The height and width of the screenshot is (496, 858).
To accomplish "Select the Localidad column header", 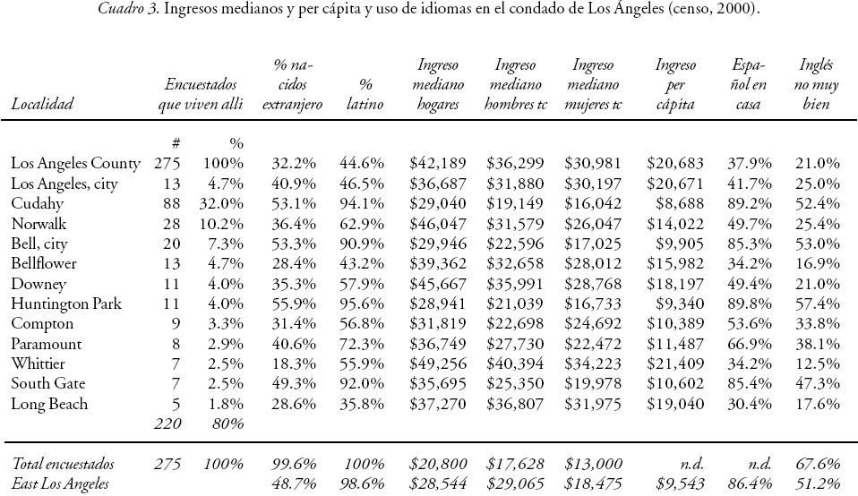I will [41, 105].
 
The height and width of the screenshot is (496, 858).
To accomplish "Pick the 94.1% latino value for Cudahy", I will [363, 203].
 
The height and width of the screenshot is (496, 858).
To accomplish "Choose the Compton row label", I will [42, 323].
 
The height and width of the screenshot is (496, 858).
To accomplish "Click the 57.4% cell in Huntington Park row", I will [817, 304].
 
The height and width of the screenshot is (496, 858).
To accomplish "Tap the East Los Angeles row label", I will [60, 484].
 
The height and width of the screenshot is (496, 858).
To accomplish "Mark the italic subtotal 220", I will [167, 423].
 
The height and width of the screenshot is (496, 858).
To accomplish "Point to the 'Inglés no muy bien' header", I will [814, 85].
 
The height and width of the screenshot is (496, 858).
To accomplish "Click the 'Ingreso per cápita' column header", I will [674, 85].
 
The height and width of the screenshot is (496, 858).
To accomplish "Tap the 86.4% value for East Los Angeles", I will [747, 484].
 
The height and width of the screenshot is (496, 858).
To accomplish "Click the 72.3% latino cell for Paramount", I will [363, 344].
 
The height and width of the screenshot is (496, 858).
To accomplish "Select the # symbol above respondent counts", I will [175, 143].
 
